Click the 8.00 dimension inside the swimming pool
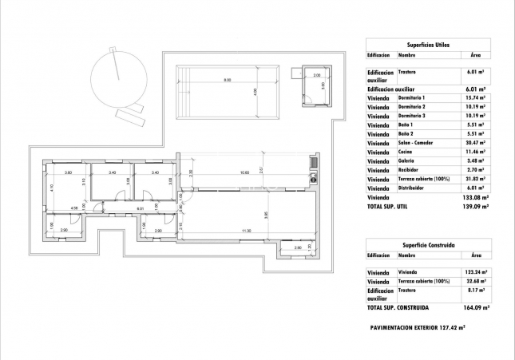coord(228,81)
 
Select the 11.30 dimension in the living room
coord(248,231)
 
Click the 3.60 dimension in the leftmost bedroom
coord(69,173)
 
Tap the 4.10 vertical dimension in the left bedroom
coord(52,188)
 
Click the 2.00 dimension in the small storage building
coord(316,76)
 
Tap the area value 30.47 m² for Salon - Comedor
coord(476,143)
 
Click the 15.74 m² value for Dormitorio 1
coord(476,97)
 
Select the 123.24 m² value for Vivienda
coord(476,272)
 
